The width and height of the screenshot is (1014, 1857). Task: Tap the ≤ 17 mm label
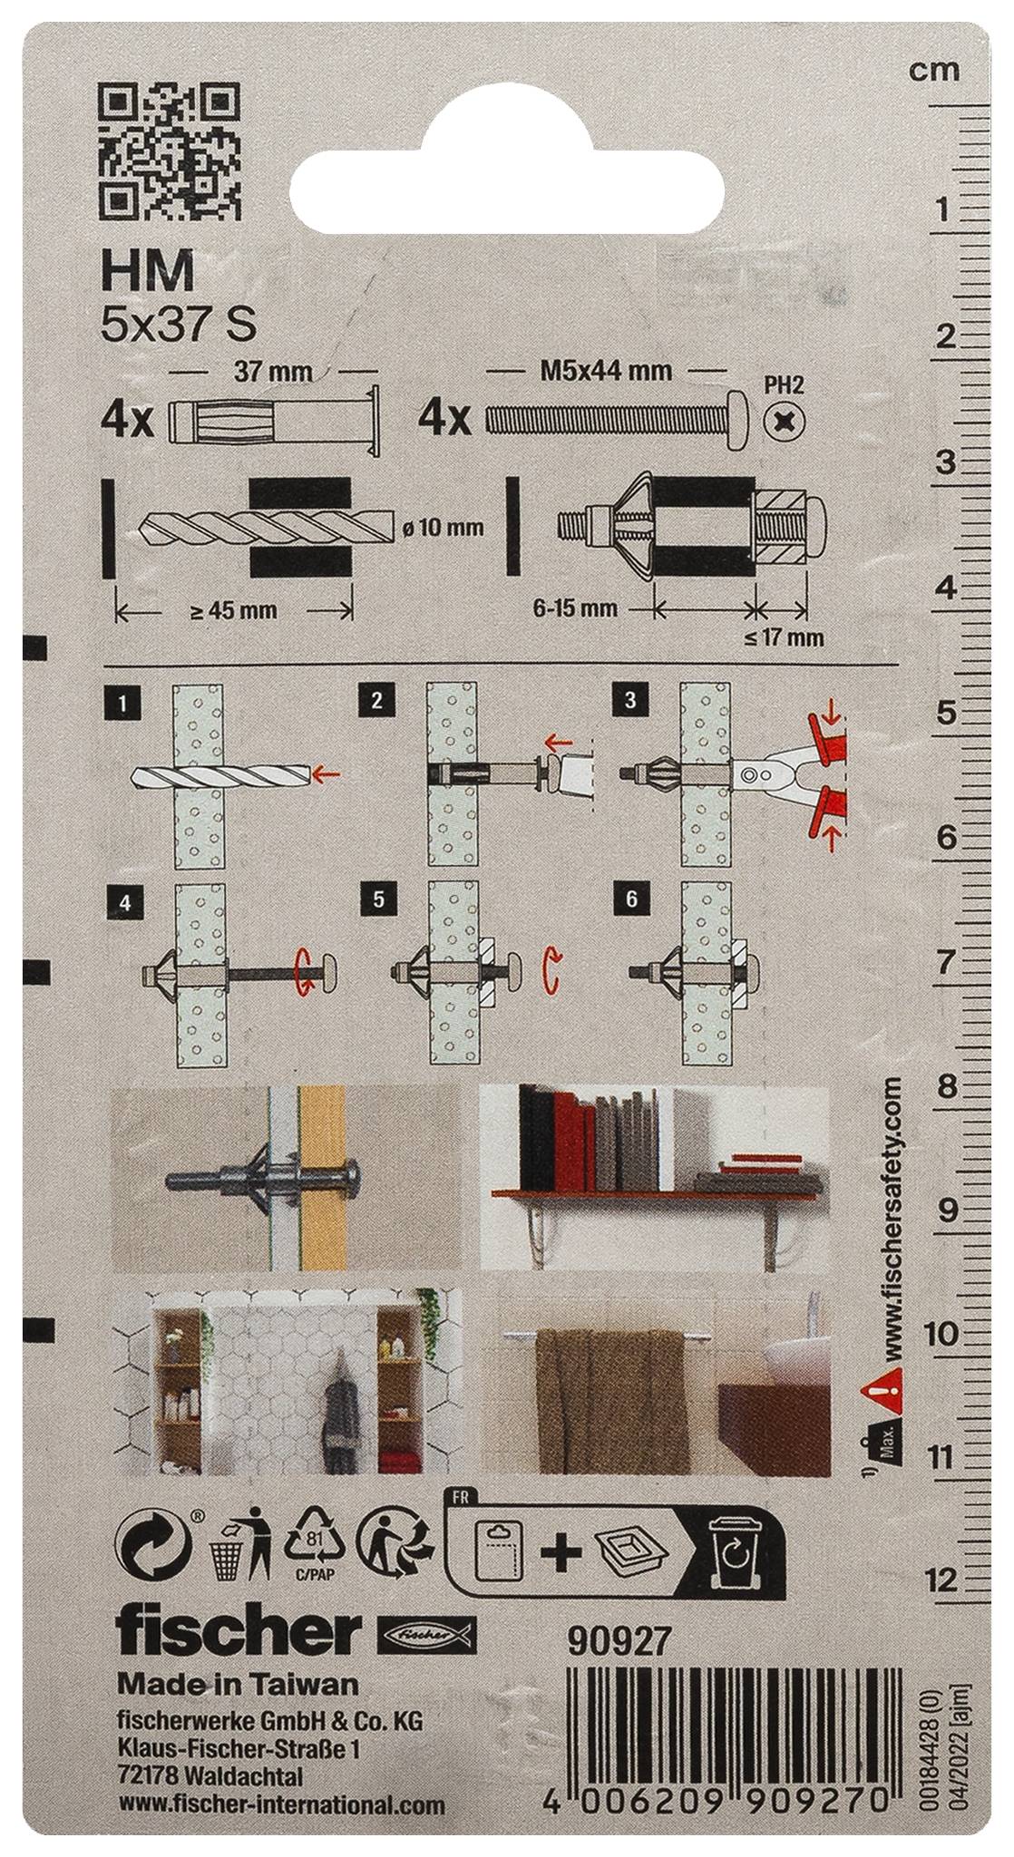tap(785, 638)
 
